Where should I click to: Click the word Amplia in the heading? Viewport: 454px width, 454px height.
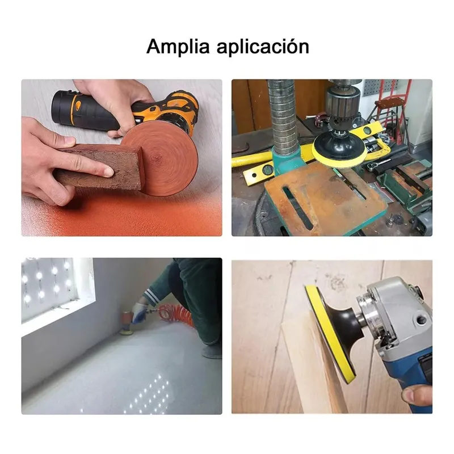(178, 46)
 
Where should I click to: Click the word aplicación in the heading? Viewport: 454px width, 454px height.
(263, 46)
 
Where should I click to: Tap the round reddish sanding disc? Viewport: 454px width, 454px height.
(159, 159)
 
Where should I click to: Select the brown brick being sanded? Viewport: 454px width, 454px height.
(98, 169)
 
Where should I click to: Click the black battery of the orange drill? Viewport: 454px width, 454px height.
(66, 108)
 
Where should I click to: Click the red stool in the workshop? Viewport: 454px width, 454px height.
(391, 110)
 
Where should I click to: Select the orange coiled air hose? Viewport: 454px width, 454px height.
(174, 315)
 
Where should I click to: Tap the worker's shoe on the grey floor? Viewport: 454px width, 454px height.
(213, 352)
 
